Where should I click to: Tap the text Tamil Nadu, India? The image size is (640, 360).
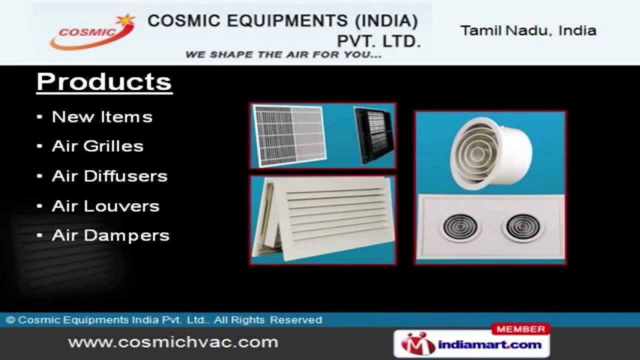pos(528,30)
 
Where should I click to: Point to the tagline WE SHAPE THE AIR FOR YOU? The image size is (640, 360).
pos(283,55)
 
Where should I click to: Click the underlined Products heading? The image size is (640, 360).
pos(104,82)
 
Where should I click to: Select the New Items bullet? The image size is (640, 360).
pos(102,117)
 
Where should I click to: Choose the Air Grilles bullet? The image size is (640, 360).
pos(97,146)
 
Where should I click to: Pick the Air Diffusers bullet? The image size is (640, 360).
pos(109,176)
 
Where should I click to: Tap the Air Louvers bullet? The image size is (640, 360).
pos(105,206)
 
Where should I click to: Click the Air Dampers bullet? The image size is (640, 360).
pos(110,235)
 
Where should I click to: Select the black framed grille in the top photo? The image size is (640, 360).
pos(374,135)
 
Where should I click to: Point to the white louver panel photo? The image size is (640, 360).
pos(322,219)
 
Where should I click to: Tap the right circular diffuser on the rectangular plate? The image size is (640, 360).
pos(522,227)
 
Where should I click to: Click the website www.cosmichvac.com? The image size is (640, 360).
pos(173,342)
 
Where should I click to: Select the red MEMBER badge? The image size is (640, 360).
pos(521,329)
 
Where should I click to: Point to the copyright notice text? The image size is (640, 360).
pos(164,320)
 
